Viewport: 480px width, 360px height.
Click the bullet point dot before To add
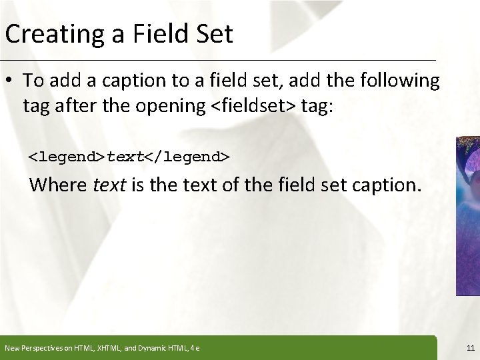11,81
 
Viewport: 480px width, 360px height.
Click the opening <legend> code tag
67,157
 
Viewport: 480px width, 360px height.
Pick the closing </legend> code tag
187,157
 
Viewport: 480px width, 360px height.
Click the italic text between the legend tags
125,157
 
